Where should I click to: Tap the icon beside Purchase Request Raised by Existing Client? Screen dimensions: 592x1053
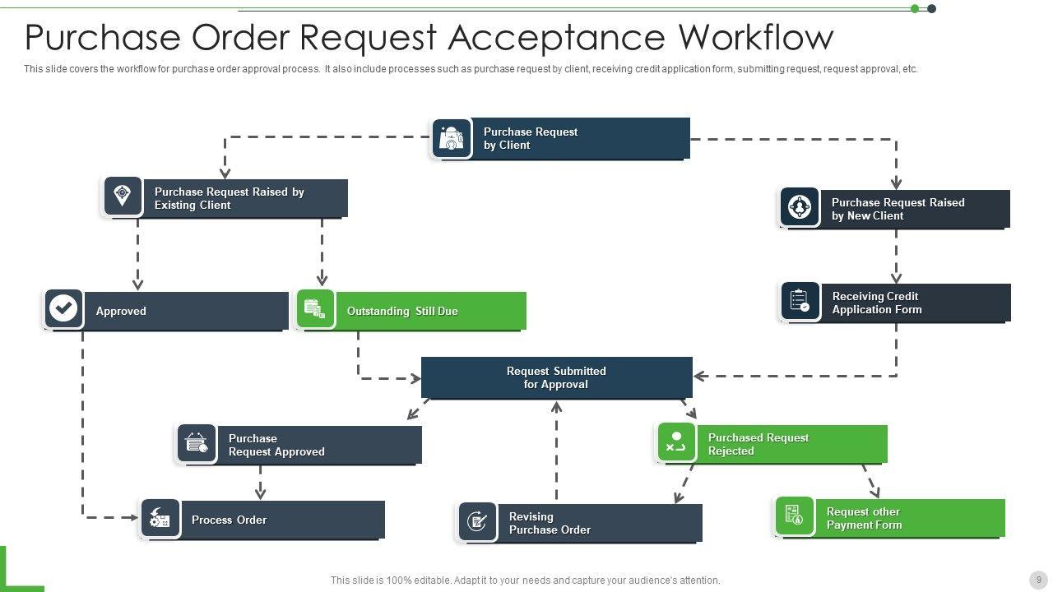(123, 197)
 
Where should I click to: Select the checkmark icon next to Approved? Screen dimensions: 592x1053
(63, 309)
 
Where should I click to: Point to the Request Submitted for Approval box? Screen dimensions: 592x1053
(556, 377)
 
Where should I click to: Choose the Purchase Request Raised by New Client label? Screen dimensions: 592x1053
(898, 209)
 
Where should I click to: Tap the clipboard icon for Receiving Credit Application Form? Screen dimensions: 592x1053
(800, 301)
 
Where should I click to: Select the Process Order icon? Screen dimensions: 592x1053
(160, 519)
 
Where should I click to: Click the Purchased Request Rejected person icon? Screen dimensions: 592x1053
(676, 442)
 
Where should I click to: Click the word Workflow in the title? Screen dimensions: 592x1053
(756, 38)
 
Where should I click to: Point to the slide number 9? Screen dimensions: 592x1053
(1039, 580)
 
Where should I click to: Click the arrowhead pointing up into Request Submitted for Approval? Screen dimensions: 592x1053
(557, 406)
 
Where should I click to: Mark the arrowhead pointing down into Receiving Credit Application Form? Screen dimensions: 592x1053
(896, 278)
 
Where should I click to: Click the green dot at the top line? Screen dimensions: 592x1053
(915, 9)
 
